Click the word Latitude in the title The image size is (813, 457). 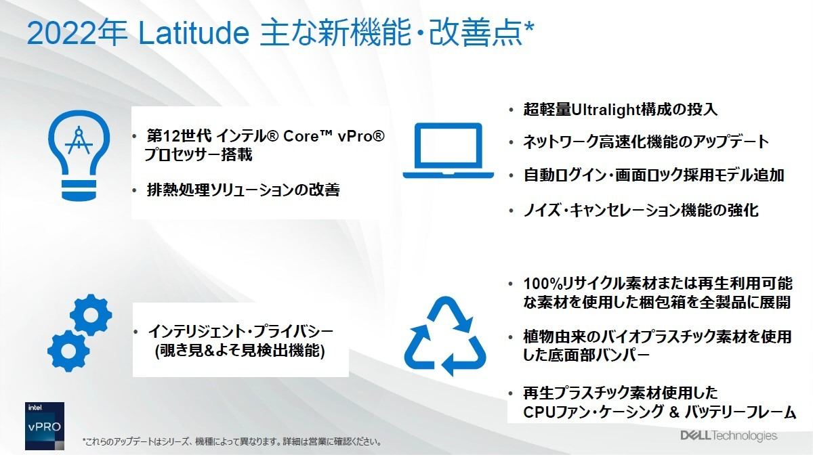194,33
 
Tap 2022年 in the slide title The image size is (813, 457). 77,33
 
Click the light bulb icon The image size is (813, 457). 79,155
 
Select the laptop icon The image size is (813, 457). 449,150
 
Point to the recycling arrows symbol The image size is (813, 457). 445,336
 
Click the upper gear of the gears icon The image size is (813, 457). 91,315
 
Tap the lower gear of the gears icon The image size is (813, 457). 68,351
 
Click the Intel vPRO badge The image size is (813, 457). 45,426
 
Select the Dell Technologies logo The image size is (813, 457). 728,435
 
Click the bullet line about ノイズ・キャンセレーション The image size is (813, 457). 641,211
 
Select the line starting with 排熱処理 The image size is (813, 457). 243,190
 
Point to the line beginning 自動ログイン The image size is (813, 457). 654,175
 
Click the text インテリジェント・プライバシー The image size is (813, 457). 241,331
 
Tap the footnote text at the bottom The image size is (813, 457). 232,441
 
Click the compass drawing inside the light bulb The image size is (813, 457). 79,141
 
